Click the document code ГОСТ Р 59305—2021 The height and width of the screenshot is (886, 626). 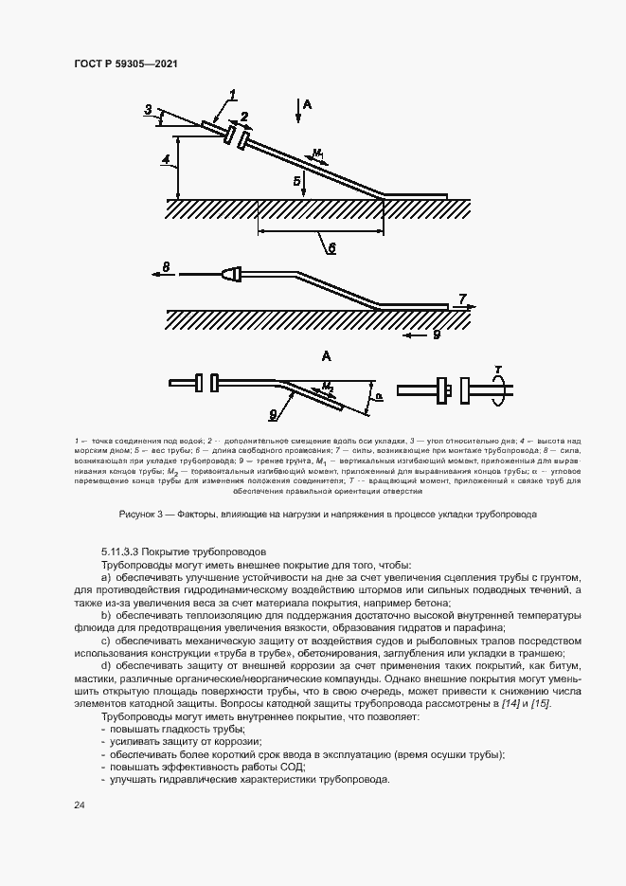tap(126, 63)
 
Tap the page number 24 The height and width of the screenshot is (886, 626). tap(79, 805)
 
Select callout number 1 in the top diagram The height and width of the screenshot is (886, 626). tap(232, 93)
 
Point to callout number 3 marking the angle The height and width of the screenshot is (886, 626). tap(148, 110)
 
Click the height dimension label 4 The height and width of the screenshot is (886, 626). tap(165, 161)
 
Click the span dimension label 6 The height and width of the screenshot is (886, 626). tap(331, 247)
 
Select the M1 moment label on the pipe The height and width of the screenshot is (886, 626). tap(318, 152)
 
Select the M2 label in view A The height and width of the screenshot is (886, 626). tap(327, 388)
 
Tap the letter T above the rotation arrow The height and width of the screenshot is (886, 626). tap(498, 369)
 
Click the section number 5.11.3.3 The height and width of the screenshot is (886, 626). tap(132, 551)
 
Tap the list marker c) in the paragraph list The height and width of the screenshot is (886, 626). tap(105, 641)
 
